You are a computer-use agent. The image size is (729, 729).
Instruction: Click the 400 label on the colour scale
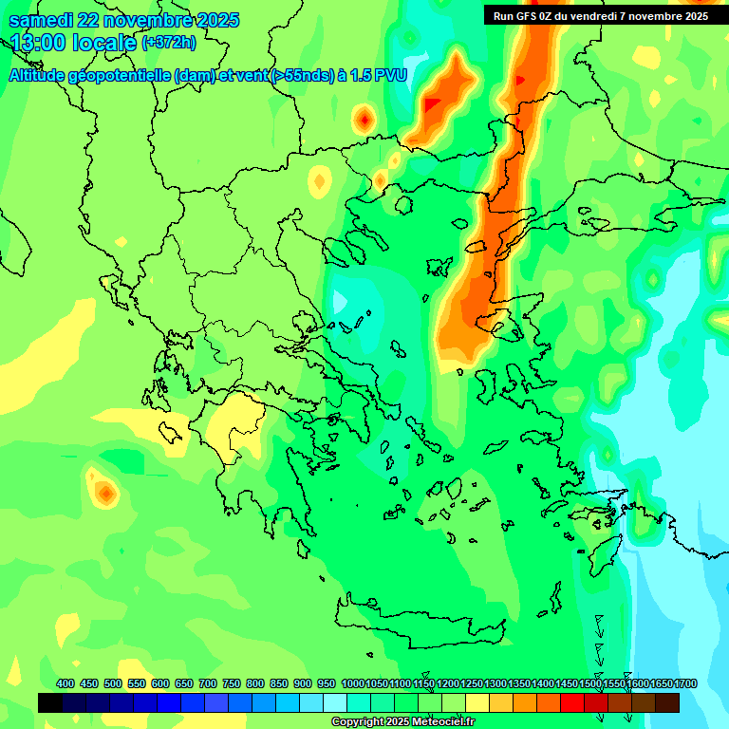[x=65, y=683]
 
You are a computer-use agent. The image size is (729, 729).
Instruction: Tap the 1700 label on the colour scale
[x=686, y=683]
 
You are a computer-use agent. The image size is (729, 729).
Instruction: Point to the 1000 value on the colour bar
[x=353, y=683]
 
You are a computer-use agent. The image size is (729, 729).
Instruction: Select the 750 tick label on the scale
[x=232, y=683]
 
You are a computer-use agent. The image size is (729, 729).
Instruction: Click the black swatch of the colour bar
[x=50, y=702]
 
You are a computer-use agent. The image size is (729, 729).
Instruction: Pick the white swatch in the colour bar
[x=335, y=702]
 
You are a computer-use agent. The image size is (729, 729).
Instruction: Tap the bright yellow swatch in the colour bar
[x=477, y=702]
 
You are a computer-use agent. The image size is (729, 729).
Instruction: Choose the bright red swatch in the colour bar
[x=572, y=702]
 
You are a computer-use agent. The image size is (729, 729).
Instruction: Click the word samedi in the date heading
[x=42, y=20]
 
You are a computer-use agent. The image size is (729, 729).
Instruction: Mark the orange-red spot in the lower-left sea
[x=105, y=493]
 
